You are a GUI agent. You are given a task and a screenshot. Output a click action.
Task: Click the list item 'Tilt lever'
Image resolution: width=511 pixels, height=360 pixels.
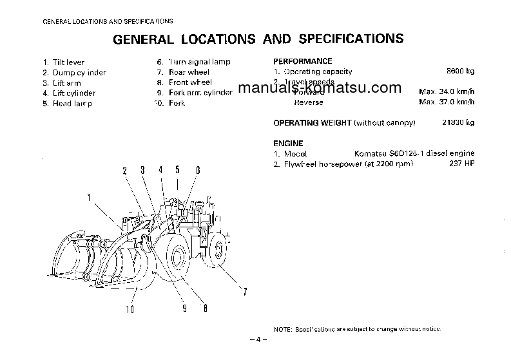pyautogui.click(x=69, y=62)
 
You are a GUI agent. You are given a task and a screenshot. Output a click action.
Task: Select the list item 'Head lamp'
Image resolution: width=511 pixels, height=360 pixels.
pyautogui.click(x=72, y=104)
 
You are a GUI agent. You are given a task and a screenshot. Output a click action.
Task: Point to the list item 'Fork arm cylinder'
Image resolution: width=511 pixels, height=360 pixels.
pyautogui.click(x=200, y=93)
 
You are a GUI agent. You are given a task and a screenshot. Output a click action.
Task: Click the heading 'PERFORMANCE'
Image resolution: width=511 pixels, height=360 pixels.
pyautogui.click(x=303, y=61)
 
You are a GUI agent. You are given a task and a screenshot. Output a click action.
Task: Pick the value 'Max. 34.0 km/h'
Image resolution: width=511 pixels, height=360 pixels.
pyautogui.click(x=447, y=93)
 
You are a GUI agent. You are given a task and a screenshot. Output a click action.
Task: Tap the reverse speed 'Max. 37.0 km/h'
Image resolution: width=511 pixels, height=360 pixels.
pyautogui.click(x=447, y=102)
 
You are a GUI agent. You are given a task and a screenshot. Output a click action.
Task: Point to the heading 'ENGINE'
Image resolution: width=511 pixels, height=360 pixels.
pyautogui.click(x=288, y=143)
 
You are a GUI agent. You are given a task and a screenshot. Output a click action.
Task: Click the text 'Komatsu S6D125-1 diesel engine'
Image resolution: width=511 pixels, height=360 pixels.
pyautogui.click(x=414, y=154)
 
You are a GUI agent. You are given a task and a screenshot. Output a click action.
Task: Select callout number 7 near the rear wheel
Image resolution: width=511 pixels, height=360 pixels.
pyautogui.click(x=244, y=293)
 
